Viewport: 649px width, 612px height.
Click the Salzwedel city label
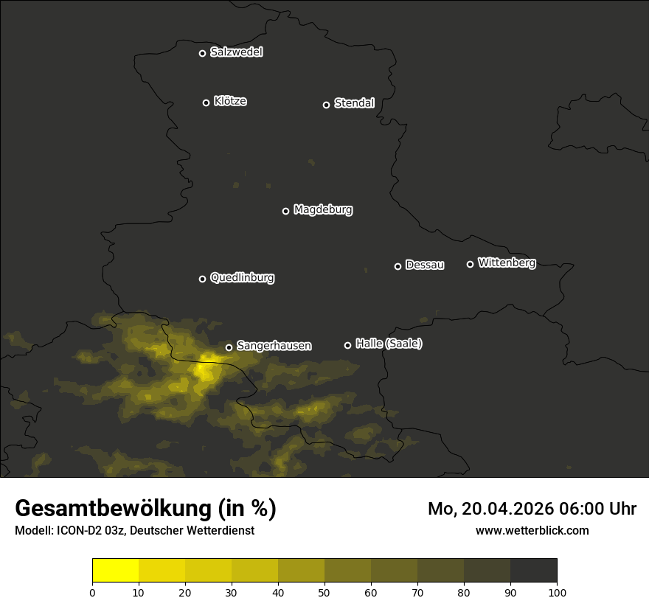pyautogui.click(x=236, y=52)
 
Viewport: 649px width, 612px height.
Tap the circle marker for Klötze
pyautogui.click(x=206, y=102)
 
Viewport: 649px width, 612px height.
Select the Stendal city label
pyautogui.click(x=354, y=103)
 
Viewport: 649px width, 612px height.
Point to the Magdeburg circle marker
pyautogui.click(x=285, y=211)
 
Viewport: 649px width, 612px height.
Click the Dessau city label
pyautogui.click(x=425, y=265)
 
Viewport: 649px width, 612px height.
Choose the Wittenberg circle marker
pyautogui.click(x=470, y=264)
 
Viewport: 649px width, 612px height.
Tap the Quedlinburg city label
pyautogui.click(x=242, y=278)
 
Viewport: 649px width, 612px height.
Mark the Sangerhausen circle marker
pyautogui.click(x=229, y=347)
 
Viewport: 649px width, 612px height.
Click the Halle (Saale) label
pyautogui.click(x=389, y=344)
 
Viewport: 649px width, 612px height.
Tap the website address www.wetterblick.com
pyautogui.click(x=532, y=530)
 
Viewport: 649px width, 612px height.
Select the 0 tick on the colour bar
pyautogui.click(x=92, y=592)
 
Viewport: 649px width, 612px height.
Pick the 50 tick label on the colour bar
pyautogui.click(x=324, y=592)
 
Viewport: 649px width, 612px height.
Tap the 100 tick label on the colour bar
pyautogui.click(x=557, y=592)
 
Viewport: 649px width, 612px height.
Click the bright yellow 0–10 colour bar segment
pyautogui.click(x=116, y=571)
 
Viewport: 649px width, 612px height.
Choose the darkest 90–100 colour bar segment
pyautogui.click(x=533, y=571)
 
